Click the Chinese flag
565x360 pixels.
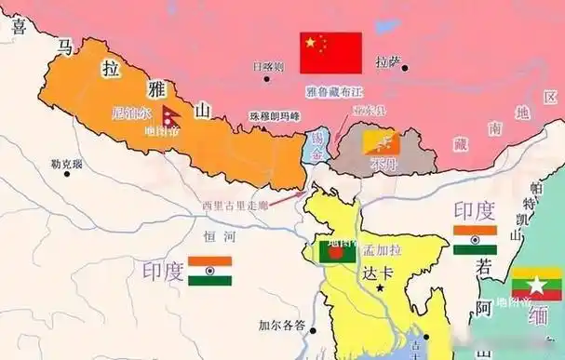click(x=330, y=53)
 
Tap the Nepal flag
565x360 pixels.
click(x=167, y=117)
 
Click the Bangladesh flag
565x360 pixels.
click(x=336, y=250)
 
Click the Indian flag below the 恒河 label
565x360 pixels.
click(x=209, y=271)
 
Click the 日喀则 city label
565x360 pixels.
click(x=268, y=67)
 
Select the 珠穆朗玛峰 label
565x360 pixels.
click(x=275, y=116)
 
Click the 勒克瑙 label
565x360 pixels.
click(x=67, y=165)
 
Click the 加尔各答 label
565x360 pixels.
click(x=282, y=326)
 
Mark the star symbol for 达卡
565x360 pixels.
click(x=379, y=289)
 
